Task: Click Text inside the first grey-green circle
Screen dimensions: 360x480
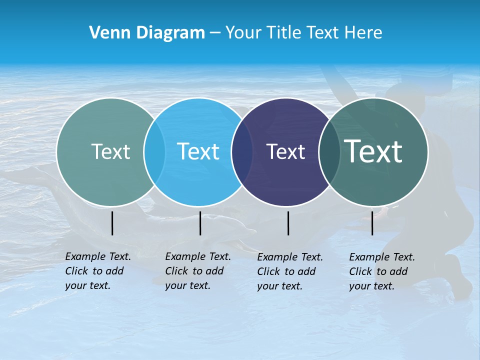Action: tap(110, 151)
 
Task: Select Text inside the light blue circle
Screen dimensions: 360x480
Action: tap(198, 151)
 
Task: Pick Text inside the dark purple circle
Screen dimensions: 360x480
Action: tap(285, 151)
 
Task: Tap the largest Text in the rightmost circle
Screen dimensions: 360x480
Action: tap(373, 151)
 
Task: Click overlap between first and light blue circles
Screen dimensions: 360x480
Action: tap(154, 152)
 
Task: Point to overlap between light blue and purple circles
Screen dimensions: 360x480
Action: tap(242, 152)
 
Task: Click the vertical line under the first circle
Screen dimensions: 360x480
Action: tap(112, 223)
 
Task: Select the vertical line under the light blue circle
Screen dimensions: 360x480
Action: tap(200, 223)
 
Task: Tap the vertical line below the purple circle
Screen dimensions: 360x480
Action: tap(288, 223)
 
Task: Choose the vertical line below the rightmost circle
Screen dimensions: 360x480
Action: tap(372, 223)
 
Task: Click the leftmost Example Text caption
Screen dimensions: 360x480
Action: tap(97, 271)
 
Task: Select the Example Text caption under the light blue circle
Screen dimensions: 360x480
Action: tap(197, 271)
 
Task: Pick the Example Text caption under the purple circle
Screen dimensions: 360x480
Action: tap(289, 271)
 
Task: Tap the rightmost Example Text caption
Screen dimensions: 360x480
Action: tap(381, 271)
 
